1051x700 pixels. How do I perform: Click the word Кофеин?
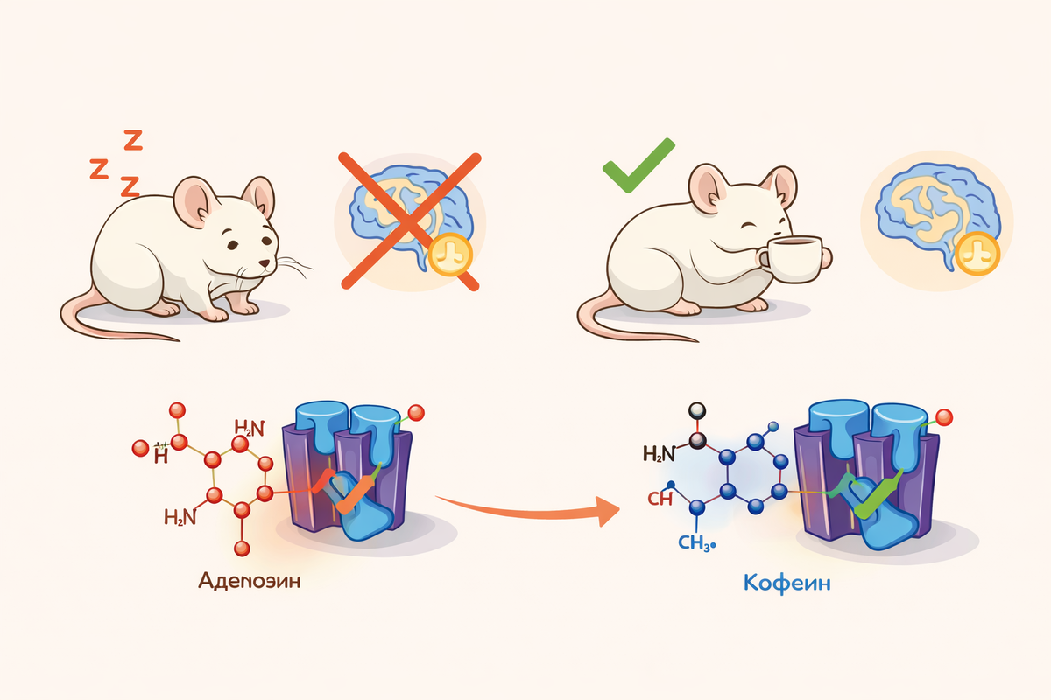[786, 583]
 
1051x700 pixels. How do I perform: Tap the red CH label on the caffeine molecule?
[660, 499]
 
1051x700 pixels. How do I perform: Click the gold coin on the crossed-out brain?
[452, 253]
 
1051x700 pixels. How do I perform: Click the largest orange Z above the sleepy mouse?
[132, 139]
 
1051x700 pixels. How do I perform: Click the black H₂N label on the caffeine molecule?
[660, 453]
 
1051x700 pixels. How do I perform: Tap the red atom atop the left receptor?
[416, 412]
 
